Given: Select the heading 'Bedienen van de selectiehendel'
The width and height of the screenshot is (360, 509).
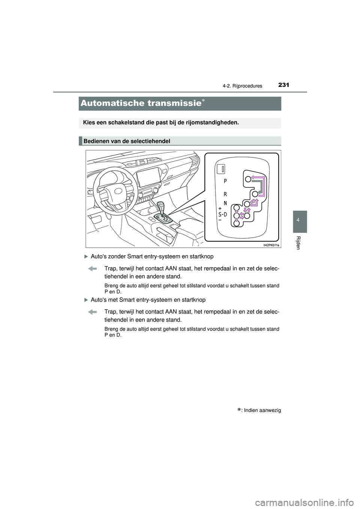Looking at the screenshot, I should [x=127, y=141].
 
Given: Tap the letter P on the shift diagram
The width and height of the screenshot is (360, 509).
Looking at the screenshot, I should [x=225, y=181].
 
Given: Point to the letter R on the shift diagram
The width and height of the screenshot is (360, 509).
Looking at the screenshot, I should [x=225, y=195].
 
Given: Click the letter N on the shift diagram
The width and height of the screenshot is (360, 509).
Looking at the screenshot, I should [x=225, y=203].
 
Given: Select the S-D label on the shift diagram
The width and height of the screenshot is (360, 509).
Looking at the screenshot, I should [x=222, y=215].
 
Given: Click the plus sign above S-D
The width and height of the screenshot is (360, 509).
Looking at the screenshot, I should [x=220, y=208].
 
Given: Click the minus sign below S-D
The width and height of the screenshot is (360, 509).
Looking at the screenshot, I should [x=220, y=221].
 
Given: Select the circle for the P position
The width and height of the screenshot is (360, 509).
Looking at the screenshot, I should [x=248, y=179].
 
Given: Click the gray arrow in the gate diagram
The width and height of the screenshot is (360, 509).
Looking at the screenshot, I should [x=258, y=186].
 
